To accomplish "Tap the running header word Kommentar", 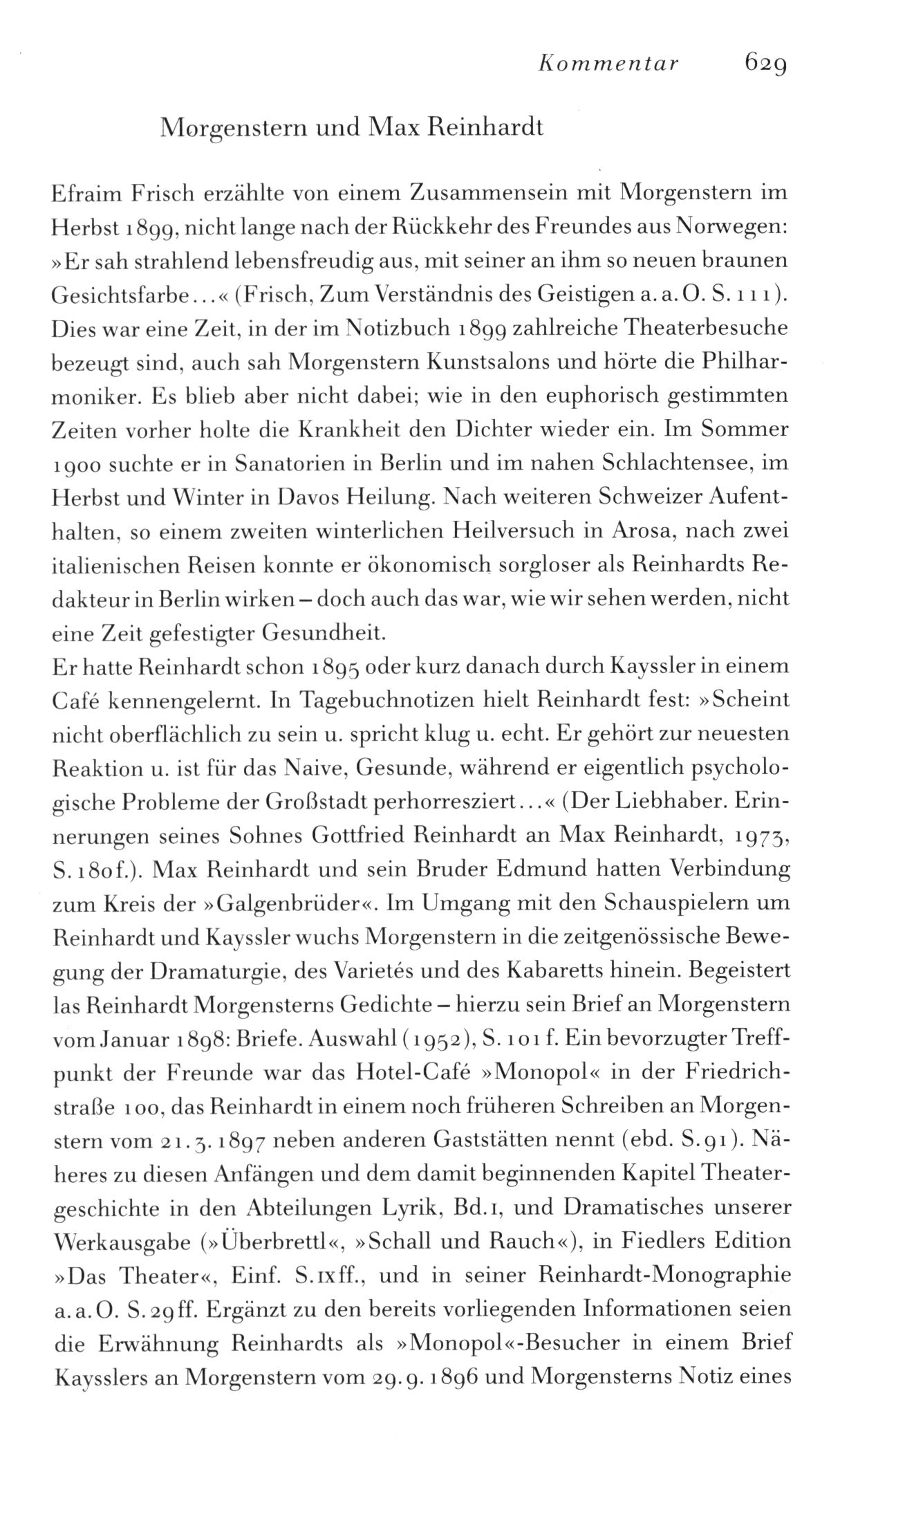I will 608,64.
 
